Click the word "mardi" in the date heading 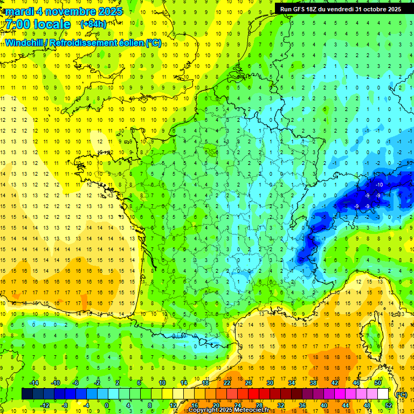(x=20, y=11)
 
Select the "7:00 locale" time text (x=38, y=24)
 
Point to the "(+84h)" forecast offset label (x=93, y=24)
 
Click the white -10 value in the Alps (x=379, y=185)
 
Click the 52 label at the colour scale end (x=388, y=405)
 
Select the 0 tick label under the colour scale (x=107, y=405)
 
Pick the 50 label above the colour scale (x=377, y=383)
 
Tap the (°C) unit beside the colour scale (x=401, y=394)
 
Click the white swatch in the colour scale (x=383, y=394)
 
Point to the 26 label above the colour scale (x=248, y=383)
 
